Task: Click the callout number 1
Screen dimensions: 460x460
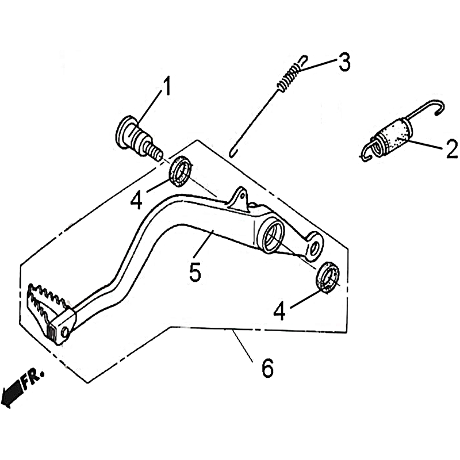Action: pos(167,86)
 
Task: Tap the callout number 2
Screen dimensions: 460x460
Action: pos(452,149)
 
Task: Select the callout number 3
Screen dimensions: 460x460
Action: pos(344,62)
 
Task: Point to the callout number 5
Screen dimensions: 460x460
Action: pos(195,271)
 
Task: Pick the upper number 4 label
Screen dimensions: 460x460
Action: pos(136,200)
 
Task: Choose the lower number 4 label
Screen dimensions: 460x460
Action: pos(279,311)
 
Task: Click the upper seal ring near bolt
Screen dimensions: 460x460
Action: pos(180,171)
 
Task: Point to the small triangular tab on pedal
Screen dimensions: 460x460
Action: pos(239,200)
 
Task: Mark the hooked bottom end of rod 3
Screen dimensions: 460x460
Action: pos(233,152)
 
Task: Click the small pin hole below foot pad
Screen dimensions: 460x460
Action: pos(66,332)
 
